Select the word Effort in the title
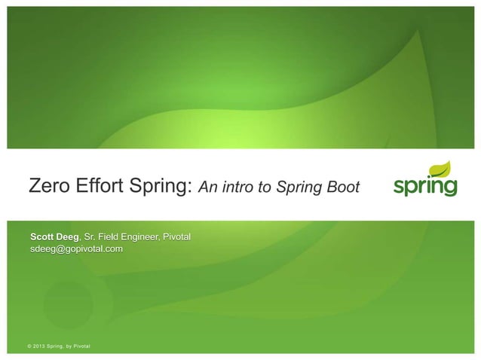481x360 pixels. [x=100, y=186]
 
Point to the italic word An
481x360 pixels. [x=208, y=187]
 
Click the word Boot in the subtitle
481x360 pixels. [x=343, y=187]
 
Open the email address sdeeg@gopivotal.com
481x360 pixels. [x=75, y=249]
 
